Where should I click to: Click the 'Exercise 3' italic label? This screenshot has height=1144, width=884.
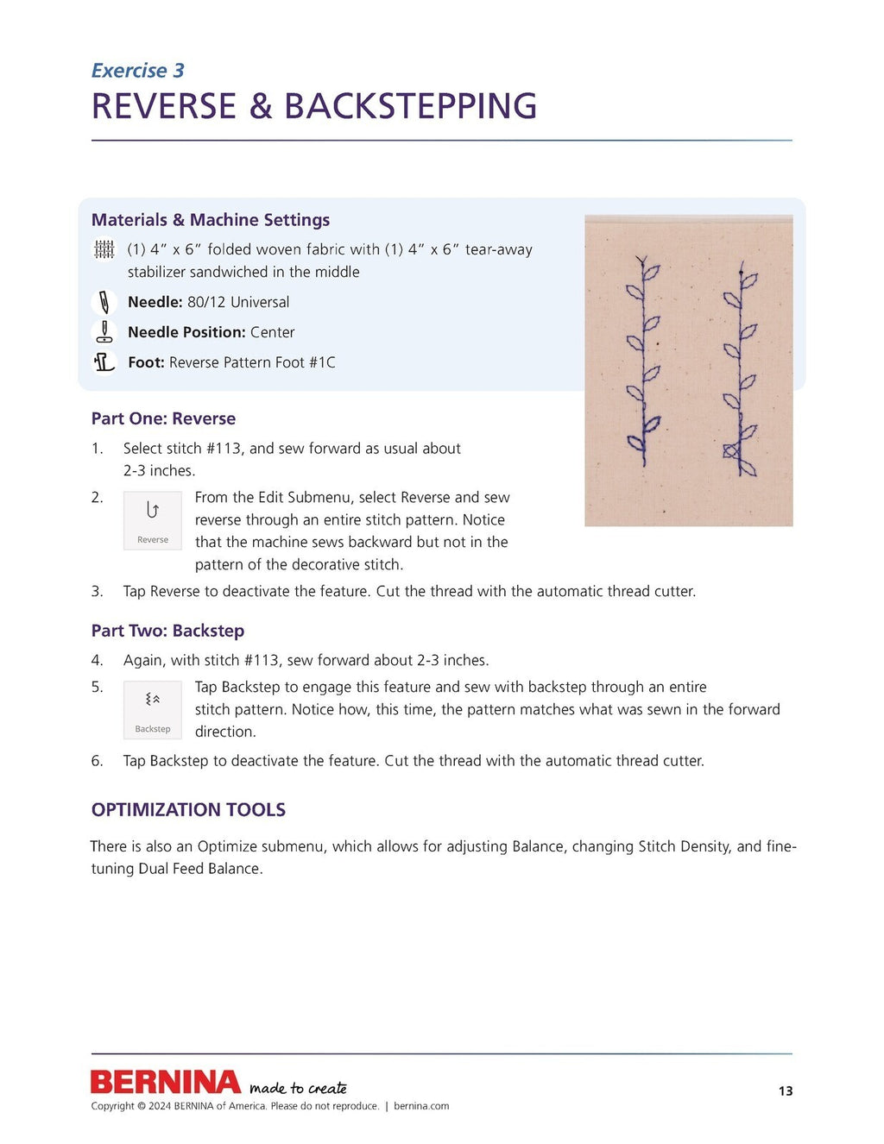(137, 71)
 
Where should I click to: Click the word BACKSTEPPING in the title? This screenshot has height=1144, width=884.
(410, 106)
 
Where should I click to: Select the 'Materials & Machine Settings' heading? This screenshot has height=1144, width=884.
(211, 220)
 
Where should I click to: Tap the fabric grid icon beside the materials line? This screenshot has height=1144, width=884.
(104, 249)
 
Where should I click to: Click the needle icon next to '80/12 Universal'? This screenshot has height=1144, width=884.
(104, 302)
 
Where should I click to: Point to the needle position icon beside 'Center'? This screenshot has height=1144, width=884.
(104, 332)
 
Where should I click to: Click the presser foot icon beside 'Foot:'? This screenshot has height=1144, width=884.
(104, 362)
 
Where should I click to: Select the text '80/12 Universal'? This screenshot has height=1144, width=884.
(237, 302)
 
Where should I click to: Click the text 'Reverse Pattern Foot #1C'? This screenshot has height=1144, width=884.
(252, 362)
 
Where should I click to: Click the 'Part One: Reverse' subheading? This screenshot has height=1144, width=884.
(163, 418)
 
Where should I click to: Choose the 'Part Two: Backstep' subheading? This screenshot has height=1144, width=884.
(167, 631)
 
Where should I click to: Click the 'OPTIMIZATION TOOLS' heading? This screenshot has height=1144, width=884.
(188, 810)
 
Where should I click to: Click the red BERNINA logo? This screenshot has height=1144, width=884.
(166, 1082)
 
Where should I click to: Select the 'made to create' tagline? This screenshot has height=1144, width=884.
(298, 1088)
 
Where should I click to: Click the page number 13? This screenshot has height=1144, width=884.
(785, 1091)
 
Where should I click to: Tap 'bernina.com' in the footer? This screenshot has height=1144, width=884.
(421, 1106)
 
